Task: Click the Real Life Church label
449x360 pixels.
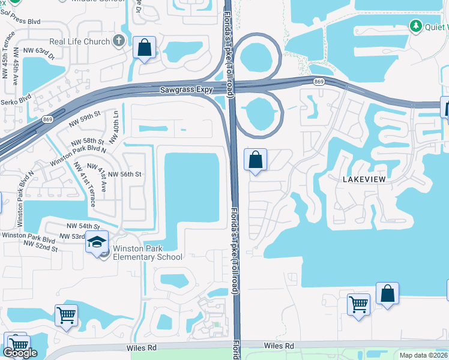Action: pos(80,41)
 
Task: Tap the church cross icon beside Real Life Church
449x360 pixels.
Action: pos(119,41)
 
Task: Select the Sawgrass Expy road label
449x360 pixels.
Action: pos(187,90)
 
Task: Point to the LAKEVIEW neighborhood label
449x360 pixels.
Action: pos(363,179)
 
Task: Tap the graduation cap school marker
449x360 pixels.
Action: pos(97,242)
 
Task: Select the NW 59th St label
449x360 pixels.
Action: pos(84,116)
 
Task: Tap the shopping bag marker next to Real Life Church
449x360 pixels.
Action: pos(145,48)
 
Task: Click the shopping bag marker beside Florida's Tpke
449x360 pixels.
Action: pos(256,160)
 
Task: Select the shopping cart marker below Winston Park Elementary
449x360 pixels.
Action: pos(66,315)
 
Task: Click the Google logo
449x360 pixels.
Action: pos(20,353)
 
